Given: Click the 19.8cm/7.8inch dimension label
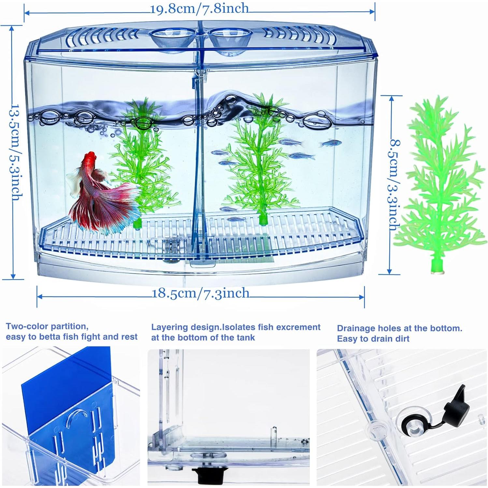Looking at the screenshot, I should click(199, 9).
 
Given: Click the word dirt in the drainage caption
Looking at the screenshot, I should click(401, 339).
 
